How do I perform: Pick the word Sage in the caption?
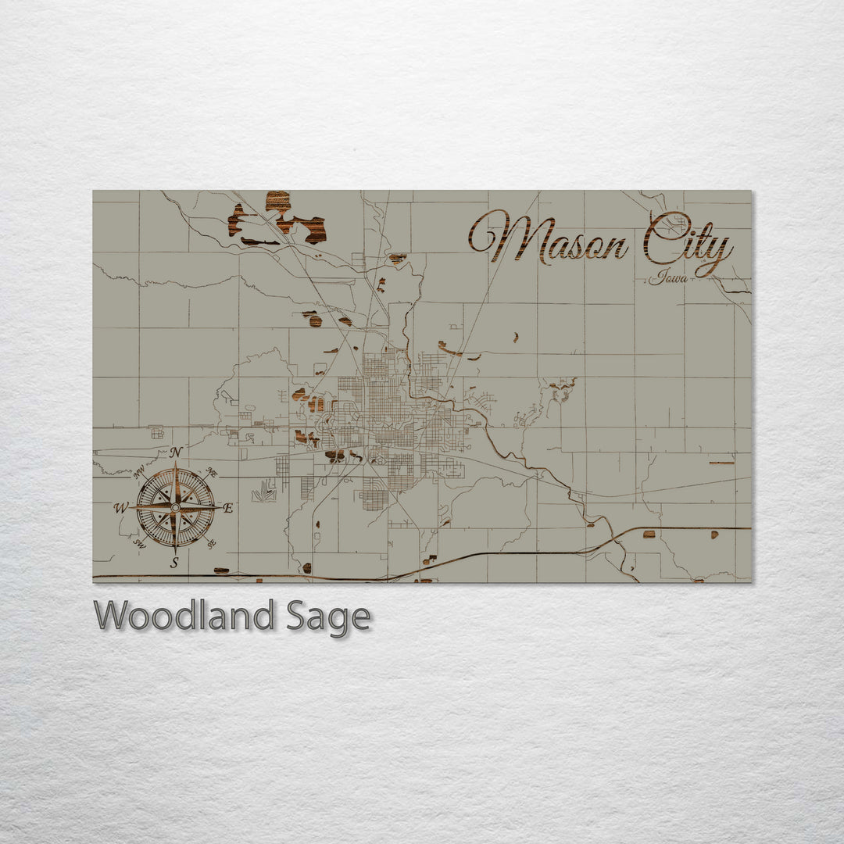click(x=328, y=617)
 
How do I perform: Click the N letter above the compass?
click(x=177, y=452)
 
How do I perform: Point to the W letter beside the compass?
click(x=120, y=508)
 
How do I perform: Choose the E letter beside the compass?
click(x=228, y=508)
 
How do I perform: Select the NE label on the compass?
click(x=211, y=473)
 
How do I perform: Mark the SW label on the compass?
click(x=139, y=543)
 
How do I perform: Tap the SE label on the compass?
click(x=212, y=543)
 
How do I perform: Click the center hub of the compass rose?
click(x=176, y=507)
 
